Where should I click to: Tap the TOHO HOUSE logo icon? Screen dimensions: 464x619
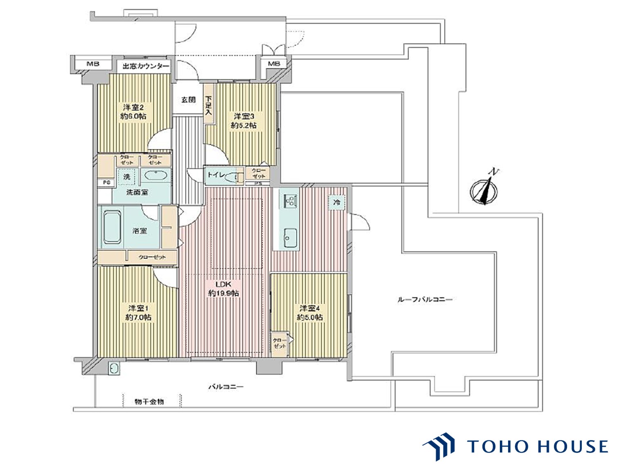coord(439,446)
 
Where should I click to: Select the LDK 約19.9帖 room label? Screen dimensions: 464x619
coord(224,289)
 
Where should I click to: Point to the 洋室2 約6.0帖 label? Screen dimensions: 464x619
coord(133,112)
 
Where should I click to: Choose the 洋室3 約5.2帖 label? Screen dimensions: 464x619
coord(244,121)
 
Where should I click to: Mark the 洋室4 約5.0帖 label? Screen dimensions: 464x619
coord(310,313)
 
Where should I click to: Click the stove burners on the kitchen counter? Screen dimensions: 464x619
coord(290,200)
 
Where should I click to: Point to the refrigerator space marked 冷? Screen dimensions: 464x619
coord(337,202)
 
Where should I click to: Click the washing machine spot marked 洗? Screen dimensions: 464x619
coord(127,177)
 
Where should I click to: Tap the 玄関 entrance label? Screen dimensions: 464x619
coord(188,99)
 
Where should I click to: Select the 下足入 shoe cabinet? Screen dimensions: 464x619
coord(209,104)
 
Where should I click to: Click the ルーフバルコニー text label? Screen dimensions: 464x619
coord(425,300)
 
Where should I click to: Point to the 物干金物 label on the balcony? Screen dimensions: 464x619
coord(149,402)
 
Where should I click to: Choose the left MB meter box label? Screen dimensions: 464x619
coord(93,64)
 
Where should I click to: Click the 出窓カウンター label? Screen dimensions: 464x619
coord(145,66)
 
